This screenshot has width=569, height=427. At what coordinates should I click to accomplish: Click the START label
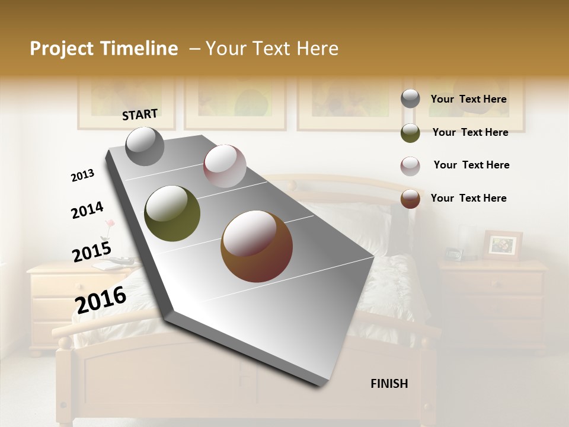click(x=140, y=114)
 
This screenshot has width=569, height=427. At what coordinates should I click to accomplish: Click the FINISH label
click(x=389, y=384)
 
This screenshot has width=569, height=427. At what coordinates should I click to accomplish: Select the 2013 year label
click(x=82, y=176)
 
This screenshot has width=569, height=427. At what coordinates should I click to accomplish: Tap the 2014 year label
click(x=87, y=210)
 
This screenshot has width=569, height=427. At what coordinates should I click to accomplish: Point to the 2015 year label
click(x=92, y=251)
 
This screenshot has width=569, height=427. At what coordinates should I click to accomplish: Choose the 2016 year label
click(x=101, y=300)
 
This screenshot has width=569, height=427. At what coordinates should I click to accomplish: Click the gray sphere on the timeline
click(x=145, y=146)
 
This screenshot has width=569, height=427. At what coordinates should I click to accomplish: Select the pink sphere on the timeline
click(x=225, y=166)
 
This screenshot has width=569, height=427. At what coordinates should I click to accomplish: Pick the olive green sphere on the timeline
click(x=172, y=213)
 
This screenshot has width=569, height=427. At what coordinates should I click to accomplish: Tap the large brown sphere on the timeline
click(x=257, y=246)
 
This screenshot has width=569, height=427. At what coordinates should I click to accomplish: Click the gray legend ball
click(x=410, y=99)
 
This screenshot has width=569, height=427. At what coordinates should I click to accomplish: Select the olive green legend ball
click(x=410, y=133)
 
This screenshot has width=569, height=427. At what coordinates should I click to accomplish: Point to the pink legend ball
click(x=410, y=166)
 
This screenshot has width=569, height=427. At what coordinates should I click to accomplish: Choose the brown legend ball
click(x=410, y=199)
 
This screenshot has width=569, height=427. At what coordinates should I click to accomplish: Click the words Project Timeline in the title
click(x=104, y=49)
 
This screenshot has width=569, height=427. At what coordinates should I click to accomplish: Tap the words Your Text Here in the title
click(x=272, y=49)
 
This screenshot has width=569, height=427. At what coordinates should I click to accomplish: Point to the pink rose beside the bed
click(x=109, y=224)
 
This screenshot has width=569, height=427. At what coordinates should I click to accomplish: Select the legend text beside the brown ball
click(x=468, y=198)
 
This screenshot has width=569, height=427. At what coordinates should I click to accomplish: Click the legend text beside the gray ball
click(x=468, y=99)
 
